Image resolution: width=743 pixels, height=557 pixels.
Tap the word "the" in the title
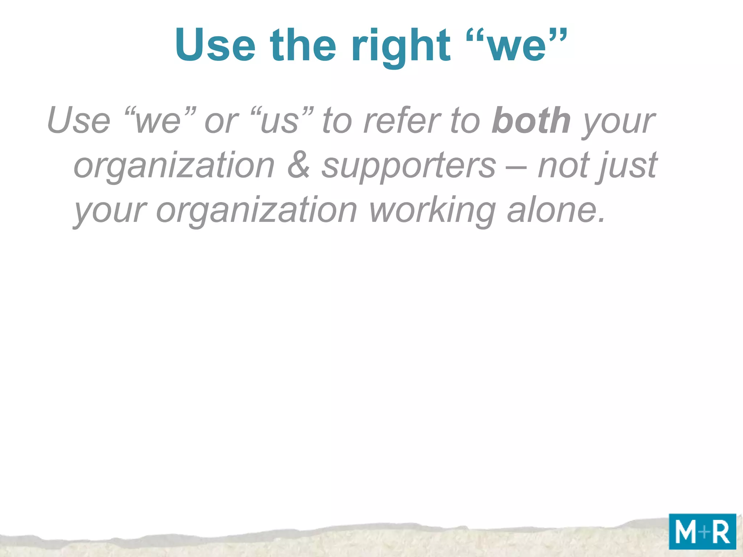click(x=303, y=45)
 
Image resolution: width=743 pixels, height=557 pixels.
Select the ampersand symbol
click(x=299, y=165)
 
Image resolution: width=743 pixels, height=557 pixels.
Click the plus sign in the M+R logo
click(x=704, y=532)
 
